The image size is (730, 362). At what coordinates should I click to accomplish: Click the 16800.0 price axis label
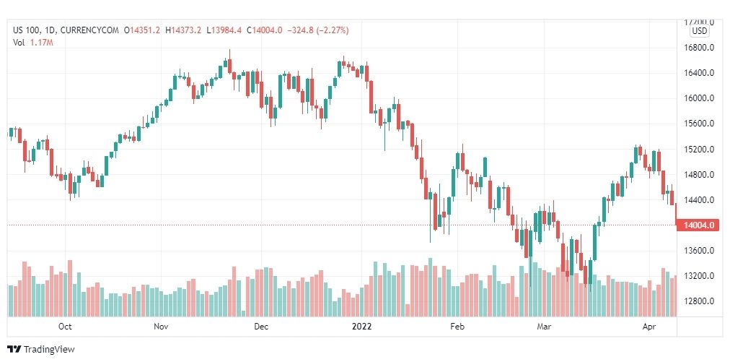699,48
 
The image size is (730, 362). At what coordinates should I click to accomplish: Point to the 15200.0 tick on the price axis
699,150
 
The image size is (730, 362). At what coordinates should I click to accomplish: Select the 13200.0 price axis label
699,276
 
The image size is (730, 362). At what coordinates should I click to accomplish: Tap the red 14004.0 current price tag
700,225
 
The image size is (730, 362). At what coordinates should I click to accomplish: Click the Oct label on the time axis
65,326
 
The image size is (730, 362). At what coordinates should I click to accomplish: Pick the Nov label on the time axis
162,326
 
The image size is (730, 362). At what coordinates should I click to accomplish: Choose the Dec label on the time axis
261,326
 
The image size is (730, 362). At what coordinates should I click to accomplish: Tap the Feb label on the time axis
457,326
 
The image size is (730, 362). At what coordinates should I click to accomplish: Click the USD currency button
699,31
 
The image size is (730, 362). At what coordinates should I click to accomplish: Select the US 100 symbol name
25,30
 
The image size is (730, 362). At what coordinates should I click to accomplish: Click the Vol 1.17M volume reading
33,43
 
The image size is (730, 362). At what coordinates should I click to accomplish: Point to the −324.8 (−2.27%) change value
318,30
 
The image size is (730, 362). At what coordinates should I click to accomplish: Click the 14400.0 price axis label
699,200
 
